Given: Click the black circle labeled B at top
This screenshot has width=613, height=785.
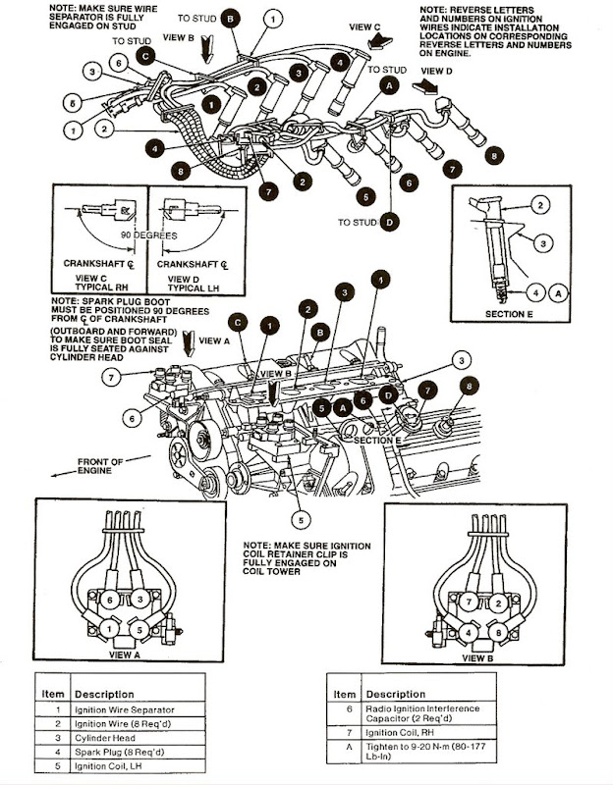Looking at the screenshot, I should [229, 19].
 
